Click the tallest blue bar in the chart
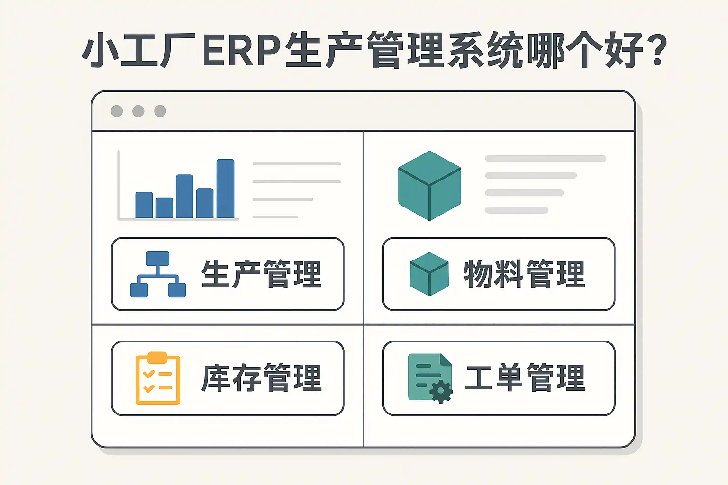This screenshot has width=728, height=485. [x=225, y=189]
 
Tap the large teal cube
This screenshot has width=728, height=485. [x=429, y=186]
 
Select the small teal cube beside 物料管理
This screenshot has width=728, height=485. [x=429, y=274]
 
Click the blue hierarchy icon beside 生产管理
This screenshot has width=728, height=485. [x=158, y=275]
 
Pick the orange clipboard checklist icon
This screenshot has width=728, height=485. [x=158, y=379]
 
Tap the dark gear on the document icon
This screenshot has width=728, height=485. [x=441, y=391]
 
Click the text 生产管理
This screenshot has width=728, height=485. [x=262, y=274]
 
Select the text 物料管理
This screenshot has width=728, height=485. [x=524, y=274]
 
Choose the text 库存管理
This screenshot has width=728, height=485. [x=262, y=378]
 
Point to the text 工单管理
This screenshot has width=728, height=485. [x=525, y=378]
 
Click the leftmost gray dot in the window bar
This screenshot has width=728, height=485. [x=117, y=111]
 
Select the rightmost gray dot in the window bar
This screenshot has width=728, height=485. [x=160, y=111]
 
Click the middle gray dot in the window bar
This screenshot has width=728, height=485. [x=138, y=111]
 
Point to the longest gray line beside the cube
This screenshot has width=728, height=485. [x=546, y=159]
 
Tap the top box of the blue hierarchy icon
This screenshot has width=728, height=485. [x=158, y=259]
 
